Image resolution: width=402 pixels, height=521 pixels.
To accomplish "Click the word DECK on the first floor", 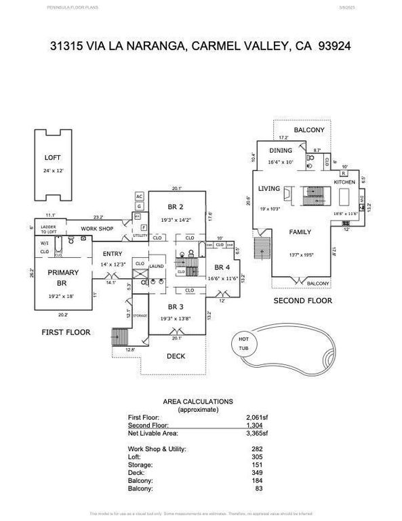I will pyautogui.click(x=176, y=356).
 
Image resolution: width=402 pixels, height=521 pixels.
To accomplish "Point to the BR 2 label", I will pyautogui.click(x=176, y=206).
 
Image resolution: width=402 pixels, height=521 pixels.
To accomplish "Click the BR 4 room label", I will pyautogui.click(x=223, y=267).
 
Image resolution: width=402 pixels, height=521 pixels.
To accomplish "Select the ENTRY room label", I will pyautogui.click(x=109, y=254).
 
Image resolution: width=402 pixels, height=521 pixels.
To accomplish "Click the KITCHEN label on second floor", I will pyautogui.click(x=344, y=182).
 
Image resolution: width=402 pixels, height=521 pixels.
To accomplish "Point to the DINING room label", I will pyautogui.click(x=281, y=151).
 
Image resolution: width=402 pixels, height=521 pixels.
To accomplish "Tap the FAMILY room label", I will pyautogui.click(x=300, y=232).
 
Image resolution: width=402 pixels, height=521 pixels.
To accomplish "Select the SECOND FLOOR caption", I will pyautogui.click(x=302, y=300).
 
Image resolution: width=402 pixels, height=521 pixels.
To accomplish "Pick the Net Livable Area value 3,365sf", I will pyautogui.click(x=256, y=433).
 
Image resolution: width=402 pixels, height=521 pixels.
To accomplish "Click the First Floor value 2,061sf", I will pyautogui.click(x=256, y=417).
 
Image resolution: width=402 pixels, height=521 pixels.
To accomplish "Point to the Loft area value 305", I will pyautogui.click(x=262, y=457).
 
